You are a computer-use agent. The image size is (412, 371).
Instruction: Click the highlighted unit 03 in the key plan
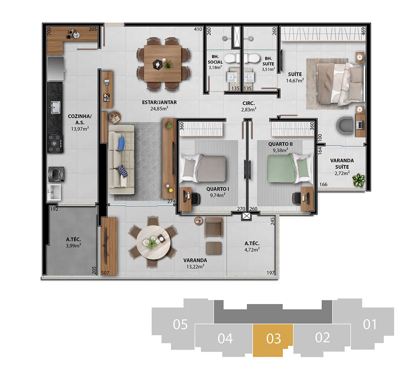(x=273, y=340)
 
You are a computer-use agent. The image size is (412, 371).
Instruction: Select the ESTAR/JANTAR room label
(x=159, y=102)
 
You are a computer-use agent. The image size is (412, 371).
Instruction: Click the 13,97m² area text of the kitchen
(x=80, y=128)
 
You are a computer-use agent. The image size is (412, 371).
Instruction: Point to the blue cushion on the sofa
(x=121, y=144)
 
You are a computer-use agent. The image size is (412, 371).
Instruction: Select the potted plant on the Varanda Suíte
(x=359, y=180)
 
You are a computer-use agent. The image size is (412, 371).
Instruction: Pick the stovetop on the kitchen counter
(x=55, y=143)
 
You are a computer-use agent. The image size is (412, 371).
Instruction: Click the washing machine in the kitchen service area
(x=56, y=174)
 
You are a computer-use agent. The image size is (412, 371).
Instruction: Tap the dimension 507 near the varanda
(x=105, y=273)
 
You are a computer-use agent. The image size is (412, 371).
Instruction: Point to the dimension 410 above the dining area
(x=198, y=29)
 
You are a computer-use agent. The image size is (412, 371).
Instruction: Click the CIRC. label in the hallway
(x=249, y=104)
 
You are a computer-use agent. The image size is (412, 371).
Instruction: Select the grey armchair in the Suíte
(x=345, y=126)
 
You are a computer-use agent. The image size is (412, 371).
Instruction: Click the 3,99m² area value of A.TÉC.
(x=73, y=246)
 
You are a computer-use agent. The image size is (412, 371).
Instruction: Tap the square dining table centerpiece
(x=158, y=64)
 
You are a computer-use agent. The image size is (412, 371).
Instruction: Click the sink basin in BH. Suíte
(x=249, y=77)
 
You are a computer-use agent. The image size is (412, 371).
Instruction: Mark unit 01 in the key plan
(x=370, y=324)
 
